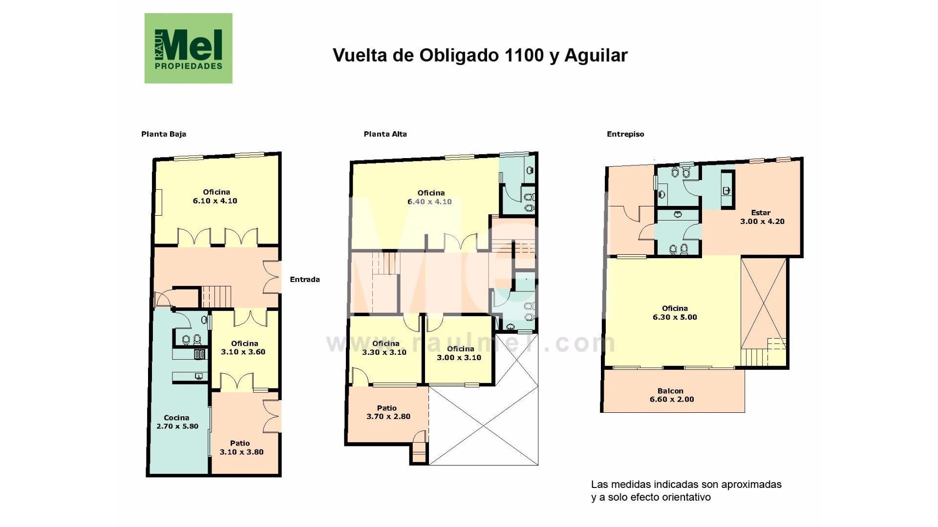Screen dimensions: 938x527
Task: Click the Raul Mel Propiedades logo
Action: pyautogui.click(x=188, y=48)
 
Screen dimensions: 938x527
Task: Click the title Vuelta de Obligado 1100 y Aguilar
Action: pyautogui.click(x=480, y=55)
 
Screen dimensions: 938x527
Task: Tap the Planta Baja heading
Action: pyautogui.click(x=164, y=134)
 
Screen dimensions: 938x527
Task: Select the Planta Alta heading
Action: pyautogui.click(x=385, y=134)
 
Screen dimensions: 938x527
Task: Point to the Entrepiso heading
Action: pyautogui.click(x=625, y=134)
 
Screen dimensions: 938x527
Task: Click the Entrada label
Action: pyautogui.click(x=305, y=280)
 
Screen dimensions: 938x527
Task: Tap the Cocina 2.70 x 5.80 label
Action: pyautogui.click(x=177, y=422)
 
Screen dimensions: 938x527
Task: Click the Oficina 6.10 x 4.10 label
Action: pyautogui.click(x=215, y=196)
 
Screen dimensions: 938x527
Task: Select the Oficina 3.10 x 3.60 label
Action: pyautogui.click(x=244, y=347)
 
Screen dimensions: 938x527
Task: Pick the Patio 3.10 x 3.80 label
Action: pyautogui.click(x=241, y=447)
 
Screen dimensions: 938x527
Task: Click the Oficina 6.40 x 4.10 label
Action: pyautogui.click(x=430, y=197)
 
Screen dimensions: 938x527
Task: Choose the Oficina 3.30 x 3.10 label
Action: pyautogui.click(x=384, y=348)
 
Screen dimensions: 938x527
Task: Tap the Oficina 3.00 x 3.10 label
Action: pyautogui.click(x=459, y=353)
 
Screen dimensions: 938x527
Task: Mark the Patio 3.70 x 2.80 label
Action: pyautogui.click(x=388, y=412)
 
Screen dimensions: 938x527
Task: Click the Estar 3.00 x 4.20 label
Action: pyautogui.click(x=762, y=217)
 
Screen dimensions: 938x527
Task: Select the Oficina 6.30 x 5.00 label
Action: pyautogui.click(x=675, y=313)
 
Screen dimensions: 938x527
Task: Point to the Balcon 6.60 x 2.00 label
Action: pyautogui.click(x=672, y=395)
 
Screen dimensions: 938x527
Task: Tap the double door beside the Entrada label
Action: pyautogui.click(x=272, y=277)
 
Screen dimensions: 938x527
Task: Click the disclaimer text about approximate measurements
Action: pyautogui.click(x=686, y=491)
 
